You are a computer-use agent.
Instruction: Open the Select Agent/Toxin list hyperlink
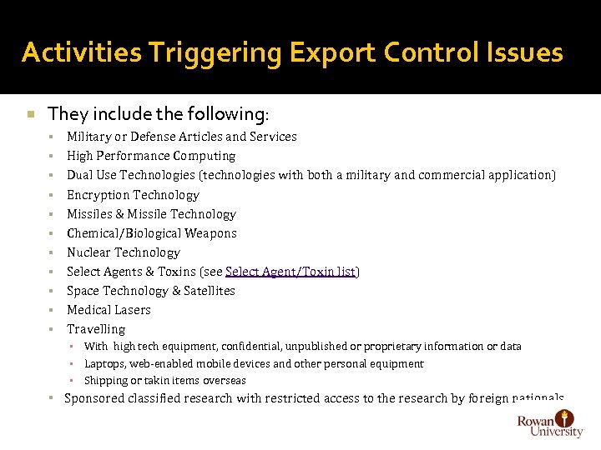tap(290, 272)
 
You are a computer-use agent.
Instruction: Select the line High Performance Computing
tap(151, 156)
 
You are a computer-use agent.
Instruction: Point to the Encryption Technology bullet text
tap(133, 195)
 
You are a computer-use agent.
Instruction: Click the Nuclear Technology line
tap(124, 252)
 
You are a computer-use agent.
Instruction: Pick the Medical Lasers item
tap(109, 310)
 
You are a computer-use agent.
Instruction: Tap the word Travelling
tap(96, 329)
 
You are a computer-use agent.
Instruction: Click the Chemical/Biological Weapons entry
tap(152, 233)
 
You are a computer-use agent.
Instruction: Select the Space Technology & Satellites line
tap(151, 291)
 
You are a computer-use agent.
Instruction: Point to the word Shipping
tap(106, 381)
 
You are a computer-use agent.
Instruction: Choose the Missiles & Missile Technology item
tap(151, 214)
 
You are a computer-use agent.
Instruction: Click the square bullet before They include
tap(29, 113)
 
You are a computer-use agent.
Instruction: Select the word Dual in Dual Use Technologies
tap(81, 175)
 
